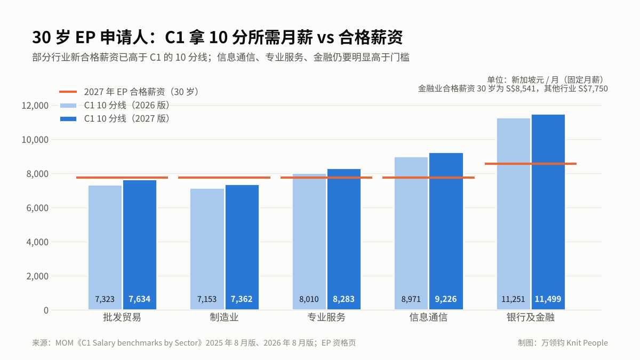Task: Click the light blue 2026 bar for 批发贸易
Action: [105, 247]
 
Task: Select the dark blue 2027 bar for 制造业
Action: [242, 247]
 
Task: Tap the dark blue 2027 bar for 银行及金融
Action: [548, 212]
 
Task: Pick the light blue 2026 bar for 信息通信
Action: [411, 234]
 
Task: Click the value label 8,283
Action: [343, 299]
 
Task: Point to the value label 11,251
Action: [513, 299]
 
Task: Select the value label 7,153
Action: [207, 299]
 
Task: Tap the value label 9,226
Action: [446, 299]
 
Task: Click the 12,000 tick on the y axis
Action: [35, 106]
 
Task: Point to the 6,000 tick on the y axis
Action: [37, 208]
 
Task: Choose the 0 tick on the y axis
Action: [46, 310]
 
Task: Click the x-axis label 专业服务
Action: [326, 317]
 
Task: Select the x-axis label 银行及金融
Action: [531, 317]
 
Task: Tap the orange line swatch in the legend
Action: [68, 92]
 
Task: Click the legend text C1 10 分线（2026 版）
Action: [127, 106]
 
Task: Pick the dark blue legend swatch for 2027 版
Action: [68, 119]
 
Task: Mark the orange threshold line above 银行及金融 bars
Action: [531, 164]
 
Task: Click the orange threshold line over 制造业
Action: [225, 178]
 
